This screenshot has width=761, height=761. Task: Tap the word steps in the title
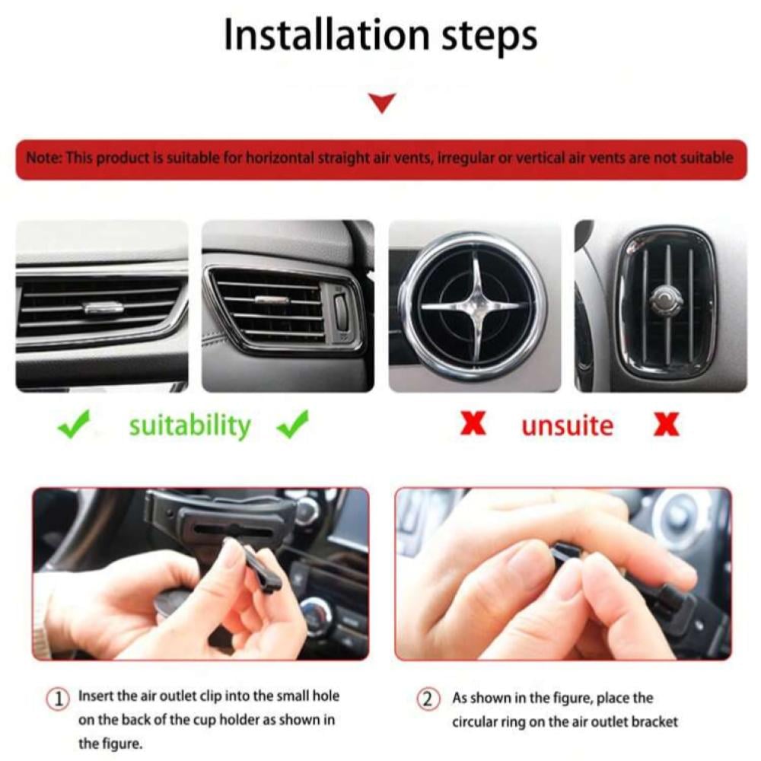489,38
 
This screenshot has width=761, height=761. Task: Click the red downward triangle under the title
382,103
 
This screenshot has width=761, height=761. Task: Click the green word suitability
189,425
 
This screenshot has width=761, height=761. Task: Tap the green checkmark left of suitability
73,424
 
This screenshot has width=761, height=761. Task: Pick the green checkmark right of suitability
292,424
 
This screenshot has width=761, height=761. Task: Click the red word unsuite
568,425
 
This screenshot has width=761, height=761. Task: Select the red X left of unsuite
473,424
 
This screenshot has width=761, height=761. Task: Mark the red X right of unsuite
667,425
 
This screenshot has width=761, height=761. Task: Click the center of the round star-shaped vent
475,306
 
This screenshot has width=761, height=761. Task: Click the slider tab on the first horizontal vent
103,307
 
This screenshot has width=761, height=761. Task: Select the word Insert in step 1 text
96,696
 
